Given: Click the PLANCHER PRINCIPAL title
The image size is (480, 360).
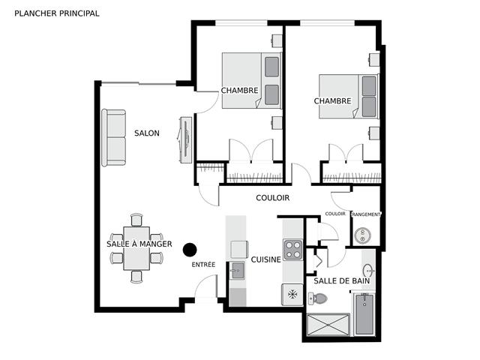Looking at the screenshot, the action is point(57,13).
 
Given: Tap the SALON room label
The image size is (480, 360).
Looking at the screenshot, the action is point(147,133).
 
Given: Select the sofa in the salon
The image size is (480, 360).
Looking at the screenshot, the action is point(113,138).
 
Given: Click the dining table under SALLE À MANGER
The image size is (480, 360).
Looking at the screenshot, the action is point(136,248).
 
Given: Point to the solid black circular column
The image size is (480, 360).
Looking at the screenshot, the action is point(190,250).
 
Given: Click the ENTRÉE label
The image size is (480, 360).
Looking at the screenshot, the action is point(203,265).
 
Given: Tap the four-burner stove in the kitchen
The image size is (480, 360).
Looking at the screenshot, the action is point(292,250).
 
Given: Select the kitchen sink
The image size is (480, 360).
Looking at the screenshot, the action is point(237,271).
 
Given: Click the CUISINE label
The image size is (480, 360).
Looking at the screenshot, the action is point(266,259).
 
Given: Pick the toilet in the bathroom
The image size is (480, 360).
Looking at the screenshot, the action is point(318,298).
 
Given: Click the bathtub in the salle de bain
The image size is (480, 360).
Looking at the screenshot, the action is point(364,313).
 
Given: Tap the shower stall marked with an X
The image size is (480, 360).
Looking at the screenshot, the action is point(328,325).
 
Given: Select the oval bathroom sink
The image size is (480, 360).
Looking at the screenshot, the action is point(368,271).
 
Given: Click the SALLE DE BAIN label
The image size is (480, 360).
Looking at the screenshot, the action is point(342,280).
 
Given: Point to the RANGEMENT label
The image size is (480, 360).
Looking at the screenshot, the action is point(366,214).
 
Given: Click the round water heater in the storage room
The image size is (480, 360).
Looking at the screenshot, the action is point(363,235).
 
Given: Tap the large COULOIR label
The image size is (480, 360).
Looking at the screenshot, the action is point(273,198).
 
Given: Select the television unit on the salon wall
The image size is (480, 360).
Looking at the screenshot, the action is point(186,140).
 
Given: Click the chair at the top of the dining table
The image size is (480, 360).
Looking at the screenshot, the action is point(136,220).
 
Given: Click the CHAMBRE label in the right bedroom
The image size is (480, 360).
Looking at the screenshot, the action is point(332,100).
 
